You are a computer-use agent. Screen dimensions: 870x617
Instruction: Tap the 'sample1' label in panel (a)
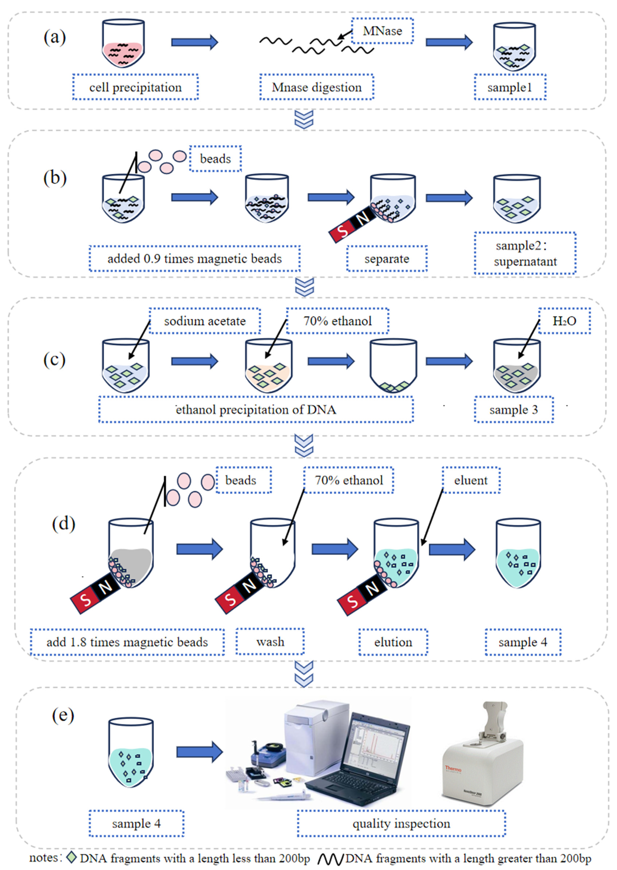click(510, 87)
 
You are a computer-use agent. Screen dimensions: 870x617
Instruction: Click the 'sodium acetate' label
click(205, 321)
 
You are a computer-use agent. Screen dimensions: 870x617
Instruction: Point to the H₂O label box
click(564, 321)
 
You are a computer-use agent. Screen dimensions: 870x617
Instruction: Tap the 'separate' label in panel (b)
click(387, 259)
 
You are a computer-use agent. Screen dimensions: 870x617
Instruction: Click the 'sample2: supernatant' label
click(525, 253)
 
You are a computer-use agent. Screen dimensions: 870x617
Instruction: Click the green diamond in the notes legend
click(71, 857)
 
